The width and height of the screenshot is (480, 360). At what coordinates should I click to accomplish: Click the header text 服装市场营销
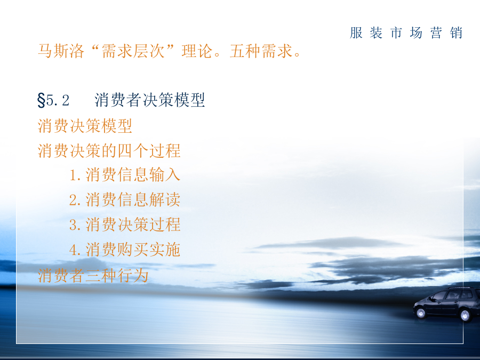(406, 33)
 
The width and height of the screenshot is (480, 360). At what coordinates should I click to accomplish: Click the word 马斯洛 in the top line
(61, 51)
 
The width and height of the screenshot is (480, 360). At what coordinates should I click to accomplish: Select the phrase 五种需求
(261, 51)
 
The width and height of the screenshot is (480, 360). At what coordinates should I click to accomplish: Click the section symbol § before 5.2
(41, 100)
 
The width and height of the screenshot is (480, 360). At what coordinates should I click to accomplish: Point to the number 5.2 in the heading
(58, 100)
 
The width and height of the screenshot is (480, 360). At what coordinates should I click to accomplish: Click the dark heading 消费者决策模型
(150, 100)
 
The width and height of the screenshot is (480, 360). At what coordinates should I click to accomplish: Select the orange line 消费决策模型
(85, 126)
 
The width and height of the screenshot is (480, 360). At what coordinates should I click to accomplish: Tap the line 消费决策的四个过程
(109, 150)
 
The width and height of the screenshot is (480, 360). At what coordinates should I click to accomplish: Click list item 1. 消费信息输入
(125, 175)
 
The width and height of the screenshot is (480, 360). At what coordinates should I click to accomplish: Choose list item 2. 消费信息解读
(125, 200)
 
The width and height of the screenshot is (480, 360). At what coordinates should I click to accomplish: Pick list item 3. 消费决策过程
(125, 225)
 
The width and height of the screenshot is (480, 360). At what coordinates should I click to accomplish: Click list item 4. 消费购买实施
(125, 250)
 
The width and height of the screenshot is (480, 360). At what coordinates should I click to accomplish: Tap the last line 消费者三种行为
(93, 275)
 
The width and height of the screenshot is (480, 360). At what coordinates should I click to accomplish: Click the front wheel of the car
(421, 313)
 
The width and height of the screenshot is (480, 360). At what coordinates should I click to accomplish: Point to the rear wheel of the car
(465, 315)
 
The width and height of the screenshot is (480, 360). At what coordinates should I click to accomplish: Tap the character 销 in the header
(456, 33)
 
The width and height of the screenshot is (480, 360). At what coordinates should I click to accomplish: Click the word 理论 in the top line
(197, 51)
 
